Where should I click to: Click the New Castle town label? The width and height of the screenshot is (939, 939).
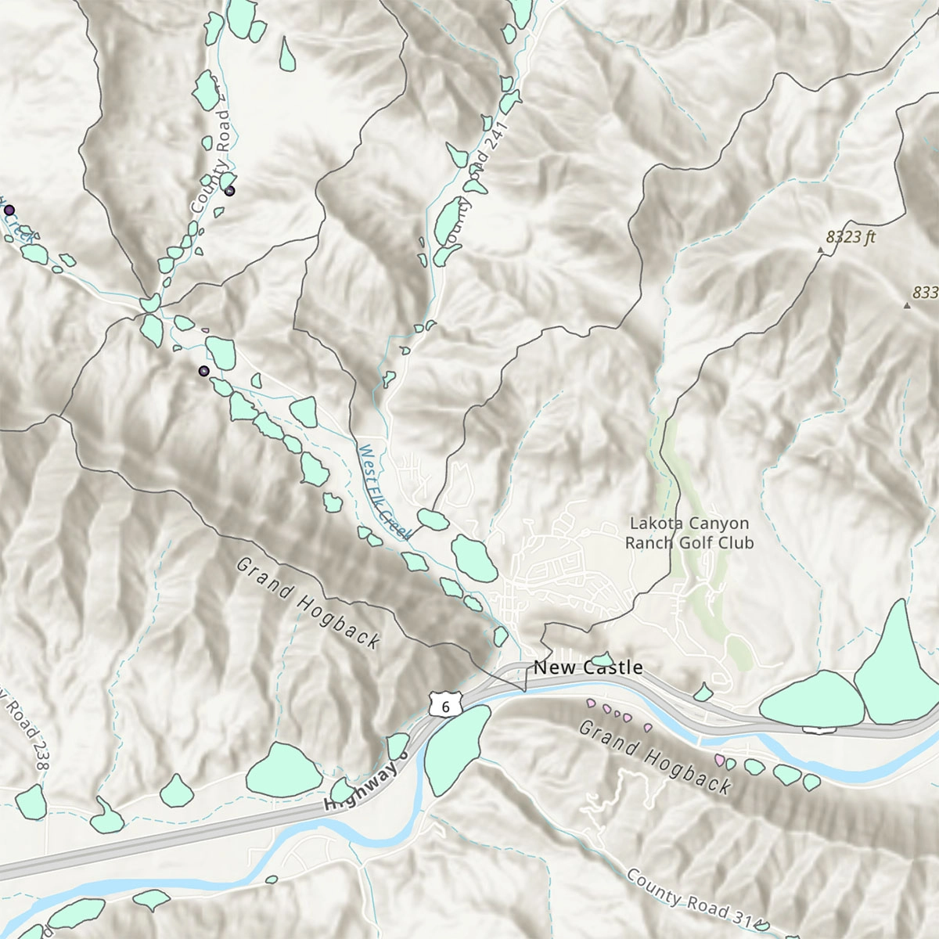pos(588,667)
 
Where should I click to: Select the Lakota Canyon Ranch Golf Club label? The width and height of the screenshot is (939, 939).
pos(689,533)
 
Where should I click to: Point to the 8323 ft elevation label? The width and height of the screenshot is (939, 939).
pos(851,236)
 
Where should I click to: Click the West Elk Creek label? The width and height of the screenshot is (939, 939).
pos(383,492)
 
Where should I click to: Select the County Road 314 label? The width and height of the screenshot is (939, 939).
pos(689,900)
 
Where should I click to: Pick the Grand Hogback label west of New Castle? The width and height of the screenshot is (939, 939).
pos(308,603)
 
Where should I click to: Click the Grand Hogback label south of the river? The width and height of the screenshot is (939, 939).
pos(655,757)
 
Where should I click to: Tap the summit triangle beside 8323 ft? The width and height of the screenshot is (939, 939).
pos(820,250)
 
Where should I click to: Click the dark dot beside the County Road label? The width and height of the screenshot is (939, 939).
pos(229,190)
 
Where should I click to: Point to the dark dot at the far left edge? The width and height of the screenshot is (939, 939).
pos(9,210)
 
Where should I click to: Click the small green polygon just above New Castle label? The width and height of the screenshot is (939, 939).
pos(601,659)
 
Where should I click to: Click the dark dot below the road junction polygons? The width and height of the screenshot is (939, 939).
pos(203,371)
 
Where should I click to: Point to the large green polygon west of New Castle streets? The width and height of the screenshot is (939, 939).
pos(474,558)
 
